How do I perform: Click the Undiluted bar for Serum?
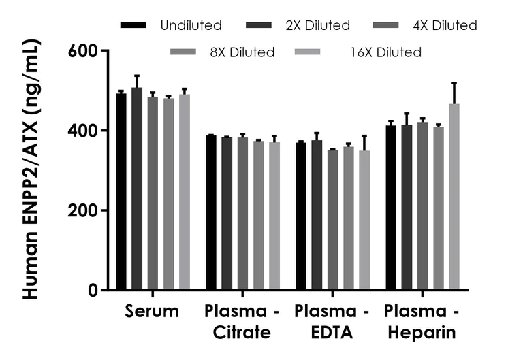click(x=121, y=192)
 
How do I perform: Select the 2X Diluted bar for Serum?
click(x=137, y=189)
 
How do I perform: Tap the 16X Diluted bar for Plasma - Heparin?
click(x=454, y=197)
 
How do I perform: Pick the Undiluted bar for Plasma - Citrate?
click(x=211, y=213)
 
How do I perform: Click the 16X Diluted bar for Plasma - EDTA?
click(x=364, y=220)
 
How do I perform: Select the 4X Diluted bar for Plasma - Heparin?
click(x=423, y=206)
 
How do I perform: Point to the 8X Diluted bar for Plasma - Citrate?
click(x=259, y=215)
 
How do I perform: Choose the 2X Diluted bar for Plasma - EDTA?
click(x=317, y=215)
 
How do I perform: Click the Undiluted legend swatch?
click(x=133, y=25)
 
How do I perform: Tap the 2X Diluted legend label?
click(x=317, y=25)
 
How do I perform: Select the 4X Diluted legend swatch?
click(x=385, y=25)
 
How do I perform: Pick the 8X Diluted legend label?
click(x=242, y=52)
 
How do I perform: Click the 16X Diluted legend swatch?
click(x=307, y=52)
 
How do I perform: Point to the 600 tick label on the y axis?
click(x=82, y=51)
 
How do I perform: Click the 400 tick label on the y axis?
click(x=82, y=131)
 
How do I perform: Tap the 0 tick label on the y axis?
click(x=93, y=291)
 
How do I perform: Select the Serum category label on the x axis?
click(x=152, y=311)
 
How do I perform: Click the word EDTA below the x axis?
click(x=332, y=332)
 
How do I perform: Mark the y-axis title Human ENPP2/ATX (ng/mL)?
click(x=31, y=169)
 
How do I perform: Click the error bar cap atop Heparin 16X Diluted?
click(x=454, y=82)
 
